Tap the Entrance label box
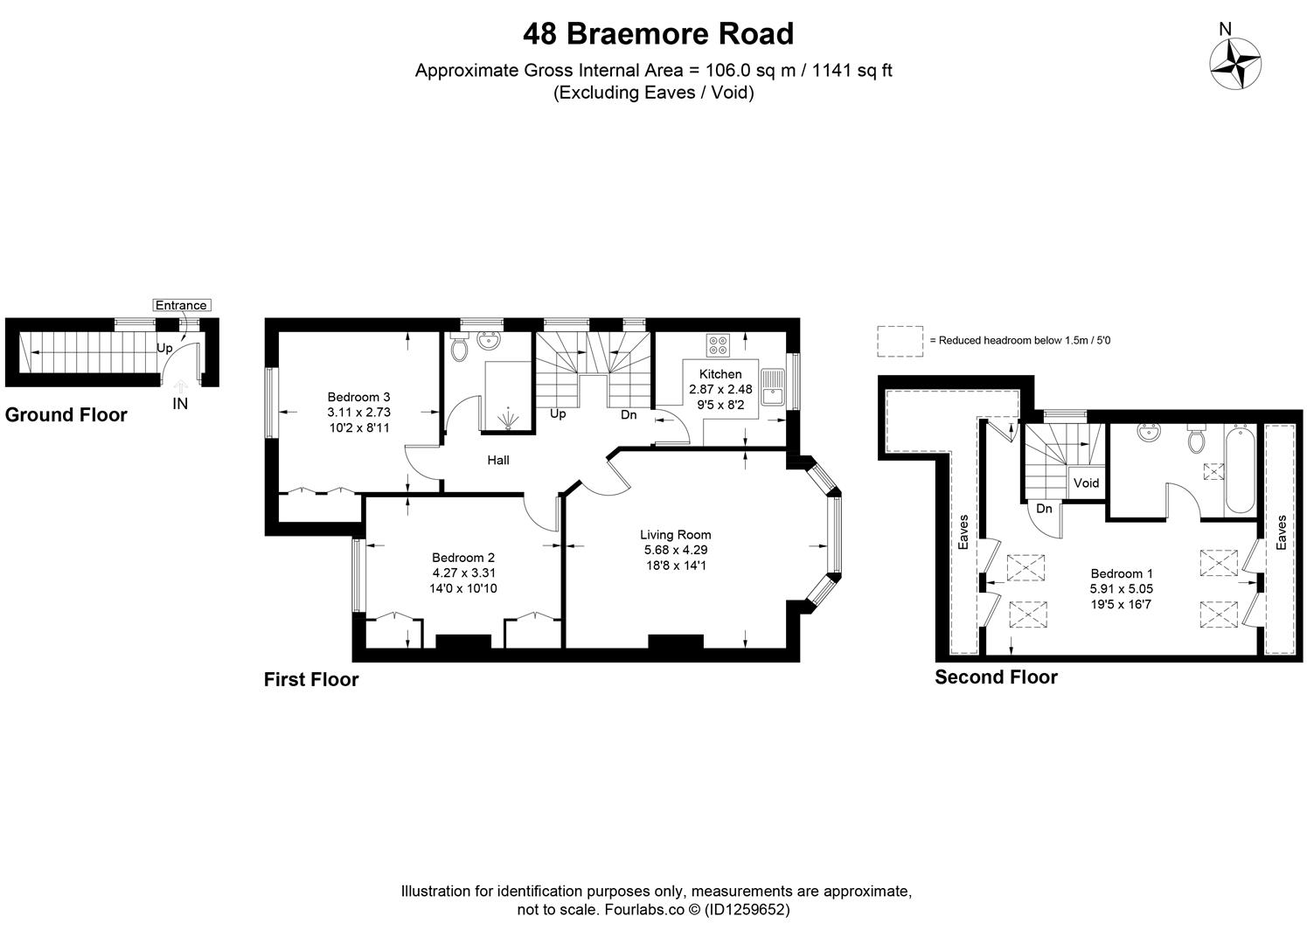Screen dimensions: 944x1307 point(181,305)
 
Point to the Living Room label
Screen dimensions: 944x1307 point(675,535)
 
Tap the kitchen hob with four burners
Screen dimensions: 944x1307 point(718,345)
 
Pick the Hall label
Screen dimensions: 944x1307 point(498,460)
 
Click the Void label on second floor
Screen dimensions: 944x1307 point(1086,483)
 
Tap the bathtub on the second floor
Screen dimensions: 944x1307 point(1239,471)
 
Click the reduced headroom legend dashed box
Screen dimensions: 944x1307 point(900,341)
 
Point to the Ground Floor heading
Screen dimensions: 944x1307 point(66,415)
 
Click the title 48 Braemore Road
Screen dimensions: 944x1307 point(657,34)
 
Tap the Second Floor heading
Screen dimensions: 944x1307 point(996,677)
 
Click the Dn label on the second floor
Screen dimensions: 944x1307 point(1044,509)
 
